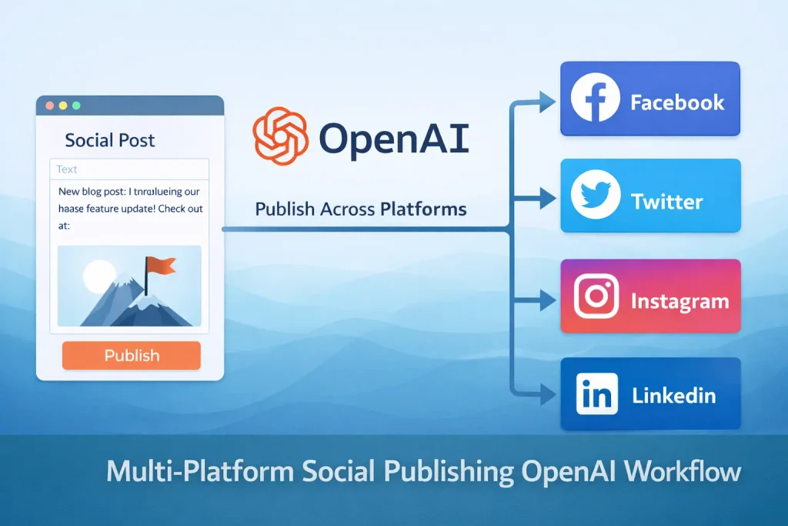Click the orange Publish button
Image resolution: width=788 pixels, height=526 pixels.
tap(132, 356)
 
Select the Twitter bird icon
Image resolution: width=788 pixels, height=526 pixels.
tap(596, 196)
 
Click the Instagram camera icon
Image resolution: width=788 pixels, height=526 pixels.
tap(596, 298)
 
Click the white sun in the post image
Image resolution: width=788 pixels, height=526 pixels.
tap(98, 276)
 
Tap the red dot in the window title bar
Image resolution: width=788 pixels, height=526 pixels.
tap(50, 105)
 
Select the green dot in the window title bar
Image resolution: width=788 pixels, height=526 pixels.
tap(76, 105)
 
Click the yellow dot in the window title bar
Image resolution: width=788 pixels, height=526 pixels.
tap(63, 105)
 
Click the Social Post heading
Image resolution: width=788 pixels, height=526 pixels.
tap(110, 140)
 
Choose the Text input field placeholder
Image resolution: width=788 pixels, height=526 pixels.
tap(67, 169)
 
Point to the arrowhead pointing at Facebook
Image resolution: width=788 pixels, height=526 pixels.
tap(548, 100)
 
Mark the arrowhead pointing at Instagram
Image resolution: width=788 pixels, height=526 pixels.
tap(548, 300)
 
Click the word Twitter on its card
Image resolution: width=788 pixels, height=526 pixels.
tap(667, 203)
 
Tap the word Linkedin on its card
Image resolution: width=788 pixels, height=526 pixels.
tap(674, 397)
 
